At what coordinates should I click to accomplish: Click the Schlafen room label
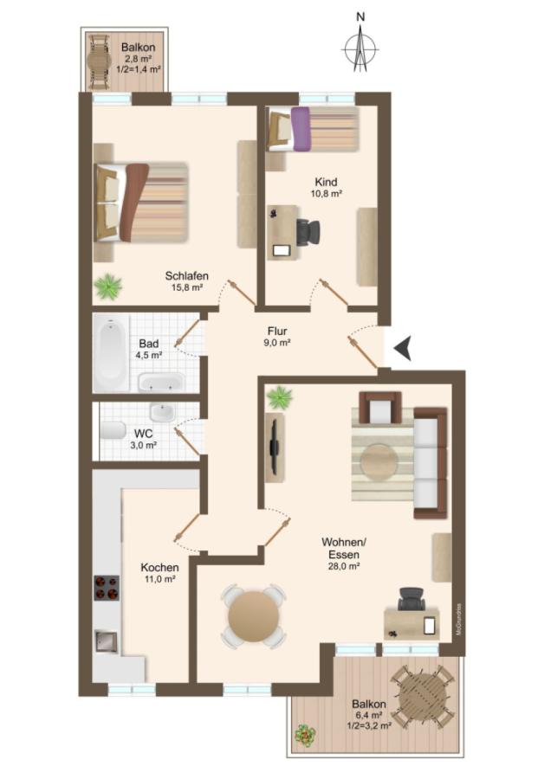[186, 276]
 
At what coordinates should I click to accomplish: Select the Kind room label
[327, 182]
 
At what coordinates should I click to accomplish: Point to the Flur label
[277, 331]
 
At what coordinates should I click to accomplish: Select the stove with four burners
[107, 588]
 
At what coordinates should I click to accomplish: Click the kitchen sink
[106, 642]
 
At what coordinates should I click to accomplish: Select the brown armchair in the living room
[380, 408]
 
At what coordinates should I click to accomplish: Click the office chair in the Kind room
[308, 232]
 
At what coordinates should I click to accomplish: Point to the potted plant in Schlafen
[108, 287]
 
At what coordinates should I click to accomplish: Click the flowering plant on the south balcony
[305, 735]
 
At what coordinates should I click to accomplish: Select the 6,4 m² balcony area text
[368, 715]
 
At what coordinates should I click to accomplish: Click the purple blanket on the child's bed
[301, 129]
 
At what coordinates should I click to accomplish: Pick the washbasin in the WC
[162, 412]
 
